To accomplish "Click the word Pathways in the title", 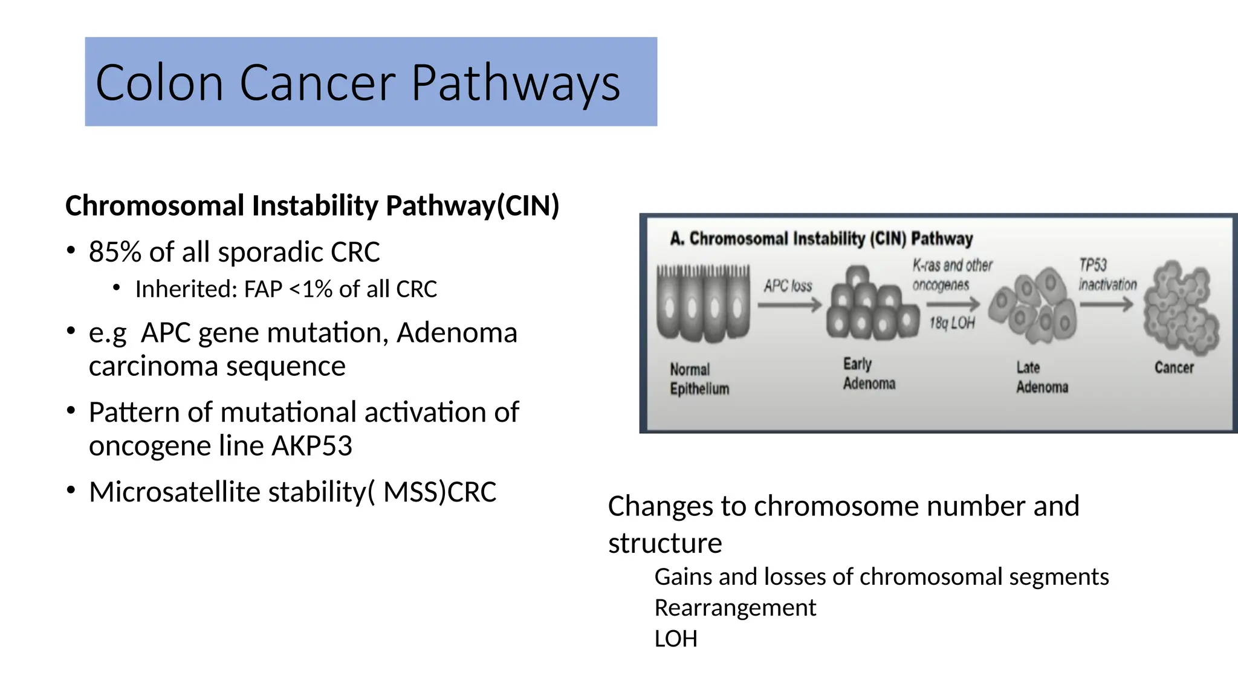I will click(515, 83).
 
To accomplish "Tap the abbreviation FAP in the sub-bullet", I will click(263, 289).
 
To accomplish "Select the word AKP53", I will click(312, 446).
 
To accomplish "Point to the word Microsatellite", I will click(174, 492).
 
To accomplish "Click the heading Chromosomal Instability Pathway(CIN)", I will click(312, 205).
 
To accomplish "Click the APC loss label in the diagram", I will click(788, 286).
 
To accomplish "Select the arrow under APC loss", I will click(789, 305).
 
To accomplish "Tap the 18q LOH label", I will click(952, 323).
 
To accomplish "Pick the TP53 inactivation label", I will click(1107, 275).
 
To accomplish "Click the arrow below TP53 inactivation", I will click(1106, 304).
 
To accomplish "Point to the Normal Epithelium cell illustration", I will click(703, 302).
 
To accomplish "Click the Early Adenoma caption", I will click(869, 373).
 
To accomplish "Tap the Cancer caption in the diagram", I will click(1174, 367).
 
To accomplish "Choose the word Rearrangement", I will click(735, 608).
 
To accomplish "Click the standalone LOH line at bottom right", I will click(676, 639).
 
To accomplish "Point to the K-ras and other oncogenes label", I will click(952, 275).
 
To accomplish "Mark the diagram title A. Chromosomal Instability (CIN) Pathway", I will click(821, 239).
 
